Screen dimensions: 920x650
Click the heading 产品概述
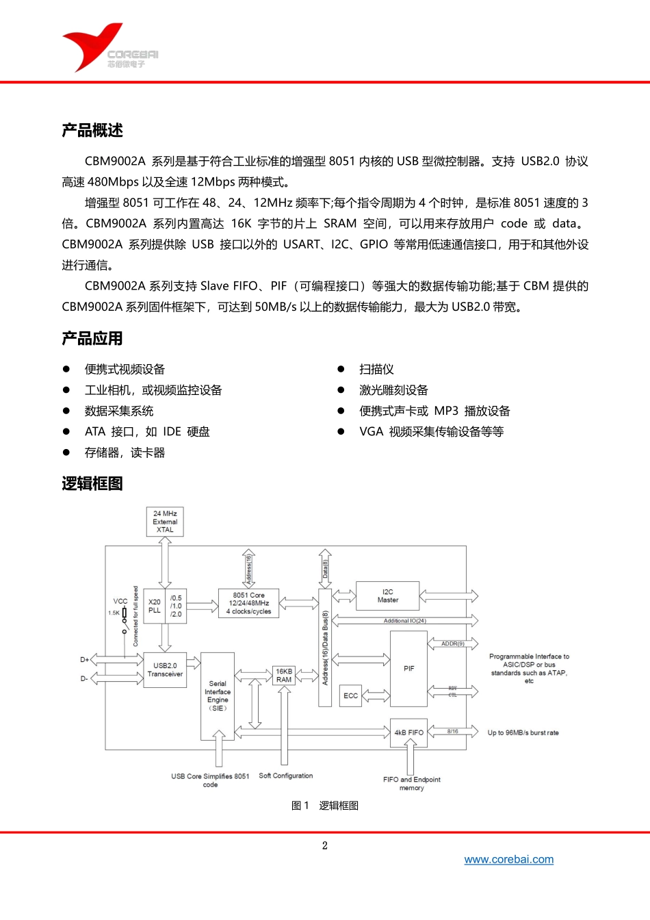pyautogui.click(x=92, y=130)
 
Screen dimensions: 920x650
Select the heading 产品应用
pyautogui.click(x=92, y=338)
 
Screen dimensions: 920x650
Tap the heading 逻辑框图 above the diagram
pyautogui.click(x=92, y=483)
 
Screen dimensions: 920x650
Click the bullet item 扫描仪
pyautogui.click(x=376, y=370)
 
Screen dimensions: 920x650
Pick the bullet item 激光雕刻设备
pyautogui.click(x=393, y=390)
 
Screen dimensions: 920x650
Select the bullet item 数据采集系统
pyautogui.click(x=119, y=411)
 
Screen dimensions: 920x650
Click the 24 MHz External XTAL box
pyautogui.click(x=165, y=522)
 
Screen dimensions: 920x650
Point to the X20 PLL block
pyautogui.click(x=155, y=606)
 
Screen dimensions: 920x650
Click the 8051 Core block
pyautogui.click(x=248, y=603)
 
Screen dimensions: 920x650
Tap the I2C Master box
pyautogui.click(x=388, y=596)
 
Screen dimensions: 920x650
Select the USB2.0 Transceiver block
pyautogui.click(x=165, y=669)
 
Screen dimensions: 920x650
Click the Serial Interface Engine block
pyautogui.click(x=218, y=695)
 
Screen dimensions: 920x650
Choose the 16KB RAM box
pyautogui.click(x=284, y=675)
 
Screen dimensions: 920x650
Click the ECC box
pyautogui.click(x=350, y=695)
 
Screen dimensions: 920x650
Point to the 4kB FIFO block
pyautogui.click(x=408, y=732)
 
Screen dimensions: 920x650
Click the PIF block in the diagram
pyautogui.click(x=408, y=668)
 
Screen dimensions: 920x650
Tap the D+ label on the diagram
pyautogui.click(x=85, y=660)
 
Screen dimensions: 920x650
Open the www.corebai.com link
pyautogui.click(x=508, y=860)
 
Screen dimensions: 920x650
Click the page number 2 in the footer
pyautogui.click(x=325, y=845)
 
